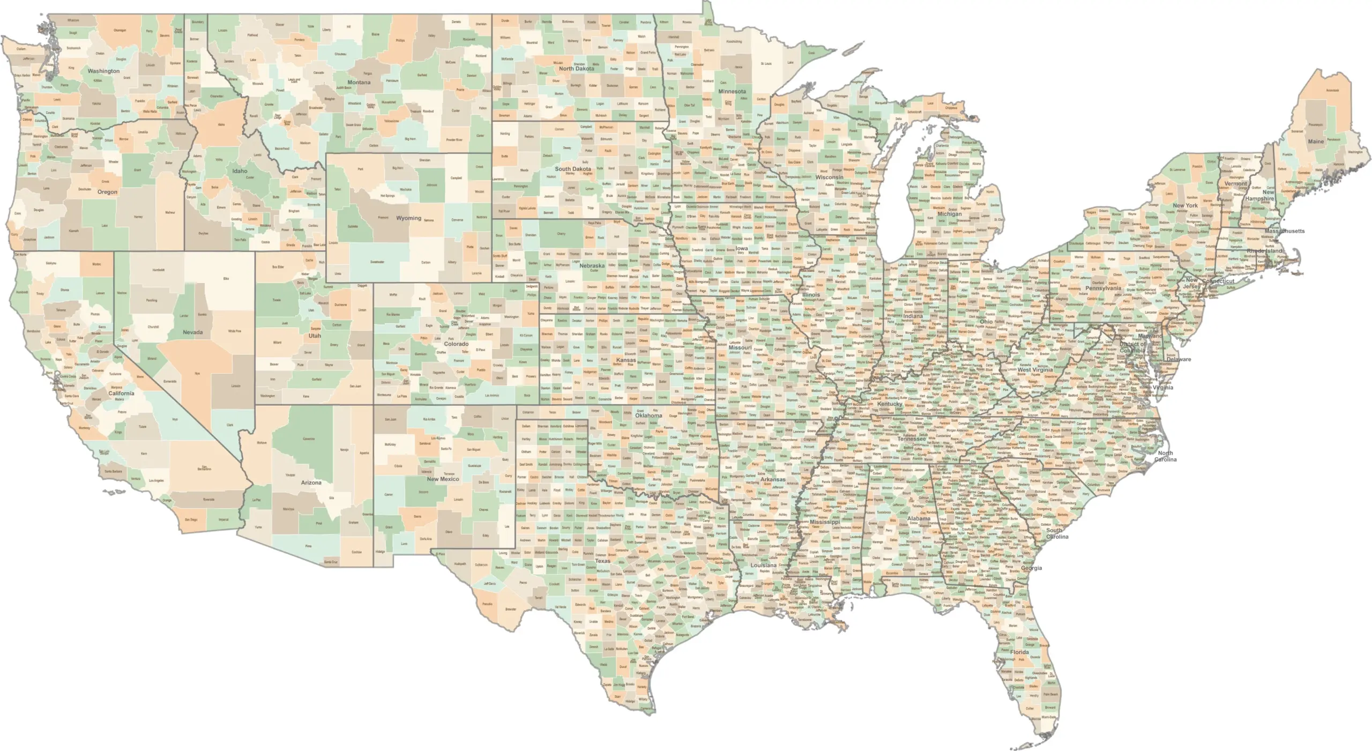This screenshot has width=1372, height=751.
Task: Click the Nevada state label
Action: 192,332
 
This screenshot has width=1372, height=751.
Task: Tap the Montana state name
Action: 359,83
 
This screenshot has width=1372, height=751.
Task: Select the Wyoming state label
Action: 408,218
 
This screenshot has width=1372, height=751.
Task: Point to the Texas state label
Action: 602,561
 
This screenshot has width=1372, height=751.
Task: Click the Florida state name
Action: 1019,652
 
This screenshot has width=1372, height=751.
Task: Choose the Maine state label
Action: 1316,142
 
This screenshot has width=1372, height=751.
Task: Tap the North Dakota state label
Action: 576,69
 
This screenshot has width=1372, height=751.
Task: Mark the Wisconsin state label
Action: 829,177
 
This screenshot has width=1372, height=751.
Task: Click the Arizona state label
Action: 311,483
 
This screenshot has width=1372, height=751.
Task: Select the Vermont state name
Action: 1235,183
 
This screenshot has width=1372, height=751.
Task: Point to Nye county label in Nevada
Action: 197,373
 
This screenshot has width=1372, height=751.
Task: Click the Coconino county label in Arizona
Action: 309,439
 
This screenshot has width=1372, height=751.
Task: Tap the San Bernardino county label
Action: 204,468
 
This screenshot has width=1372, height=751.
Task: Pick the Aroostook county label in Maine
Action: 1328,90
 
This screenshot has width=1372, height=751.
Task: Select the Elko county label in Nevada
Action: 226,279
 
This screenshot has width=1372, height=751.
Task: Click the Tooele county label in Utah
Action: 277,300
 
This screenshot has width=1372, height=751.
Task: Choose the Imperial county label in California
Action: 222,519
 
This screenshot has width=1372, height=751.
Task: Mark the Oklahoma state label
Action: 648,415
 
